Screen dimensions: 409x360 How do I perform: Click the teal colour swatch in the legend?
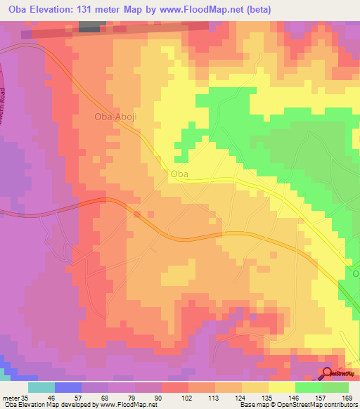pyautogui.click(x=41, y=387)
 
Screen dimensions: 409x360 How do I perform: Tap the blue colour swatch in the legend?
pyautogui.click(x=68, y=387)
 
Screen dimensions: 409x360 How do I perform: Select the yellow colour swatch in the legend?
pyautogui.click(x=282, y=387)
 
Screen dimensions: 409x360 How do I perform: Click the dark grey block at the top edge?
pyautogui.click(x=89, y=26)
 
